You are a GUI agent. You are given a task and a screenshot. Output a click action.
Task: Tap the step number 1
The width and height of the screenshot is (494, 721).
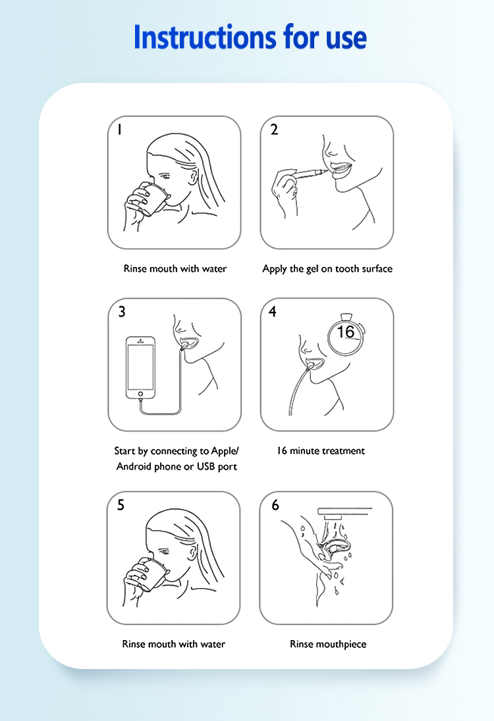point(120,130)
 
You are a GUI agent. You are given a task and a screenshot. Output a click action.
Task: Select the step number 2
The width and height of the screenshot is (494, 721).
point(275,130)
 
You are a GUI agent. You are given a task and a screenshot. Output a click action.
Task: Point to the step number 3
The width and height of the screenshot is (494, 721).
point(122,312)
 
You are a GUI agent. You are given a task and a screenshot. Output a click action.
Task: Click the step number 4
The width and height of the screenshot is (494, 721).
point(273,312)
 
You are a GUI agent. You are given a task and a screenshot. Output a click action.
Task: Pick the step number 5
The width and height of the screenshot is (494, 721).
point(121,505)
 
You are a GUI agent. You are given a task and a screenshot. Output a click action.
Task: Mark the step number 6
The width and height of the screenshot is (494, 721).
point(275,505)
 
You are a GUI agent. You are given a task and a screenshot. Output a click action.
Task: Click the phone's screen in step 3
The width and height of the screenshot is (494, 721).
point(140,366)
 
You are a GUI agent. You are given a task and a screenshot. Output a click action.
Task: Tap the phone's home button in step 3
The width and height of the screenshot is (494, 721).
point(140,394)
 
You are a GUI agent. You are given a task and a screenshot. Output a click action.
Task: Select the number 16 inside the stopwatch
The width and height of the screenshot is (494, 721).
point(345,332)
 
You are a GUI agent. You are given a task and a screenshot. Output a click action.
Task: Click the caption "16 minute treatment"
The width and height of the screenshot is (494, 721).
point(321,451)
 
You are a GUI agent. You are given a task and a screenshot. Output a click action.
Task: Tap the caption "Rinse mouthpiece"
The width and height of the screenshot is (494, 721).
point(328,644)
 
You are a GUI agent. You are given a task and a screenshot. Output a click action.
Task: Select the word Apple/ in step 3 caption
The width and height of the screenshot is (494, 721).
point(225,451)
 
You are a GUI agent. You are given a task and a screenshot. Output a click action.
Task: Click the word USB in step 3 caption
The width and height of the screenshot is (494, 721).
point(206,466)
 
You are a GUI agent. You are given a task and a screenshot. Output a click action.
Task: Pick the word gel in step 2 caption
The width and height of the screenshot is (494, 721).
point(312,269)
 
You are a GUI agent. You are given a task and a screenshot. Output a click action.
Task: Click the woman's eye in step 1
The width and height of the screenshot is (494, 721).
point(165,176)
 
